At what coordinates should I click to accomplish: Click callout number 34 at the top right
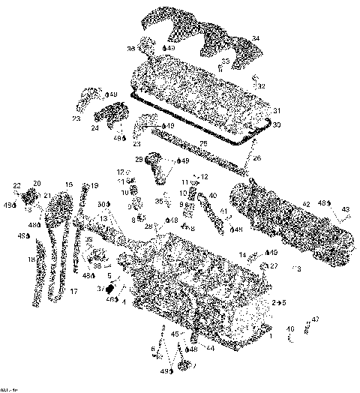point(256,38)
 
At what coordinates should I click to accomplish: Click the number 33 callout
point(225,61)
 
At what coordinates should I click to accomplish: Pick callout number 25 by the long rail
point(203,142)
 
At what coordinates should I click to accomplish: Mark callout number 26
point(256,158)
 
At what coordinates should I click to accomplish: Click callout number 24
point(94,127)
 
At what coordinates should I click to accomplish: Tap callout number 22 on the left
point(16,185)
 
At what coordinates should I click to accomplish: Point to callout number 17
point(73,290)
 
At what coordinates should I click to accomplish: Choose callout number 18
point(31,260)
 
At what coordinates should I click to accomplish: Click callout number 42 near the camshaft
point(306,203)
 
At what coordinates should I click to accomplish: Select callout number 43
point(345,209)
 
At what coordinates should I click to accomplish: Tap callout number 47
point(315,319)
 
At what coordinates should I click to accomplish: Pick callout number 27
point(274,265)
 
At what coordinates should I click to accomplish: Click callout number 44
point(211,347)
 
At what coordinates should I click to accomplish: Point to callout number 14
point(243,256)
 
